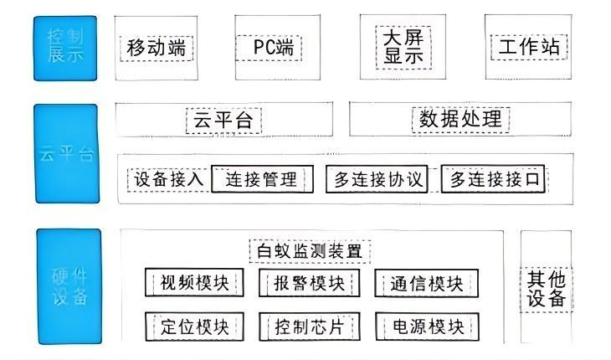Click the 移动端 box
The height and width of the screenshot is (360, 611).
(x=157, y=48)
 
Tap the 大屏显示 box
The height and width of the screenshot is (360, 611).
(x=403, y=47)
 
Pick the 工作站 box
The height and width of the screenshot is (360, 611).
(x=529, y=48)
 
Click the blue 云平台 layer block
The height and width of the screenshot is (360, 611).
(x=65, y=154)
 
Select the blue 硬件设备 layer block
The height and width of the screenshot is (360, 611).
(x=68, y=287)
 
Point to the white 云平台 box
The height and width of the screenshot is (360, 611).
(x=223, y=119)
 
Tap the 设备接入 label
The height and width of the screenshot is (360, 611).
(x=168, y=179)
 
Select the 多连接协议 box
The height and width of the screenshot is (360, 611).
(x=377, y=179)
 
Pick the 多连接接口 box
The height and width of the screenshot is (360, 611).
(x=496, y=179)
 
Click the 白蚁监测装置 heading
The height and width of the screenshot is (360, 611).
(x=310, y=250)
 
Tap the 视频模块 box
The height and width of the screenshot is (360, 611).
(x=194, y=283)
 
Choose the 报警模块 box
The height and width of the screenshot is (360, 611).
(x=309, y=283)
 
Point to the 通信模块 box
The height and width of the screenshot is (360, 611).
(x=426, y=283)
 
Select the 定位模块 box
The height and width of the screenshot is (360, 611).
(x=194, y=326)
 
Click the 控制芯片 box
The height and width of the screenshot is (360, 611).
(x=309, y=326)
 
